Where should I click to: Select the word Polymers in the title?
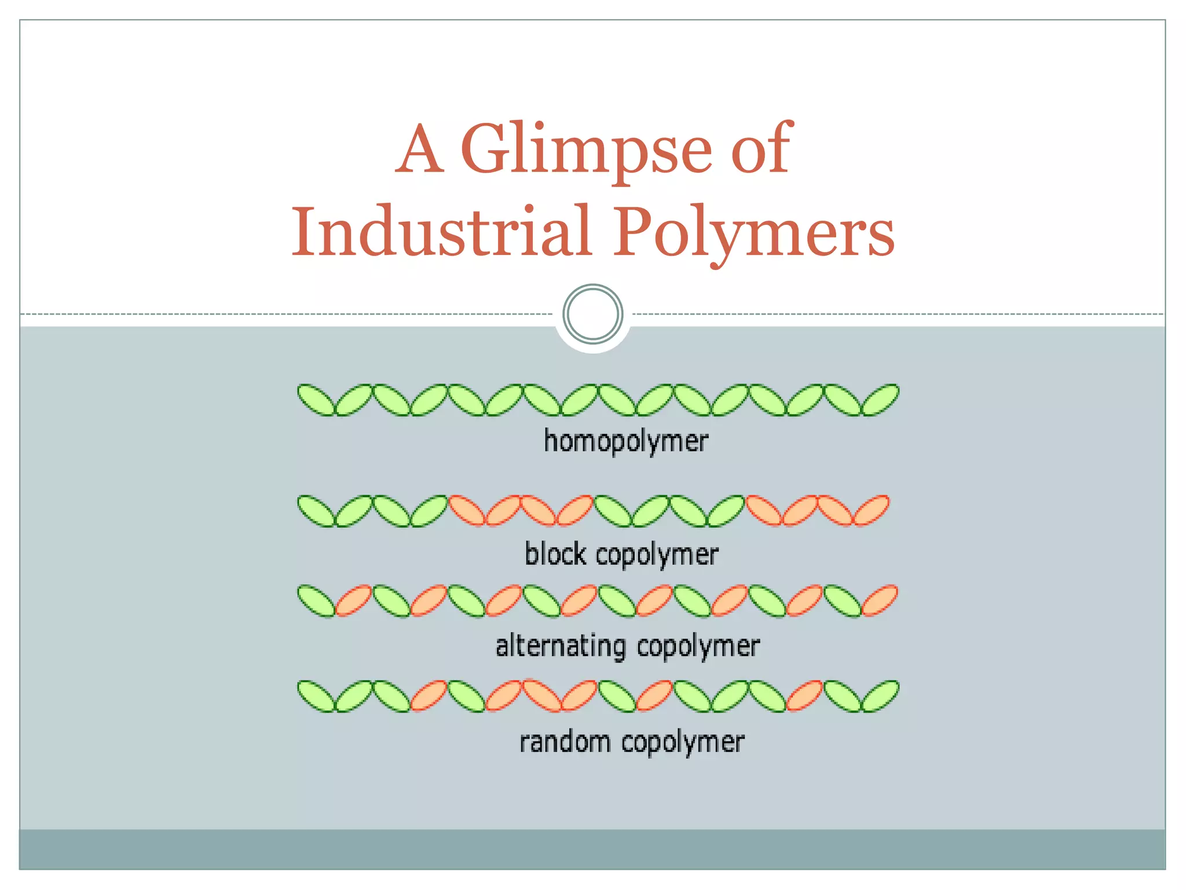753,232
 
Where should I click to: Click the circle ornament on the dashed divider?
592,314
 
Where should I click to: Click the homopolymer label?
625,441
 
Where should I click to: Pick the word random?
565,742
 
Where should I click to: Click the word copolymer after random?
683,742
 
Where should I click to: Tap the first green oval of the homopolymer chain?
316,400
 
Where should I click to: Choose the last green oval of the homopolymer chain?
880,400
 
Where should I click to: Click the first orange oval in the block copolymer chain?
468,510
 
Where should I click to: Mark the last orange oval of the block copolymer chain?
872,510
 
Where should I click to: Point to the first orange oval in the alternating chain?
353,600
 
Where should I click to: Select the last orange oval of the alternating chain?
880,600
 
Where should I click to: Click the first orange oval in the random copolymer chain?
429,696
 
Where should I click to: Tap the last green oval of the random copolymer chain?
880,696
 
